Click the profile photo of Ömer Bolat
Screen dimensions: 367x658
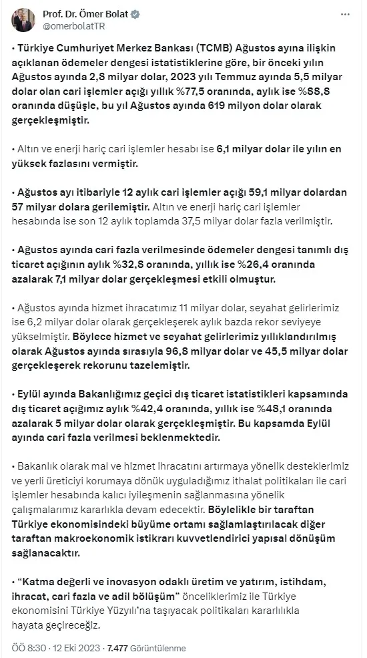tap(23, 20)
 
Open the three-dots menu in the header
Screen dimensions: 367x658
tap(344, 14)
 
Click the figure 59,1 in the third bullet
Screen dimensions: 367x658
tap(262, 192)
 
